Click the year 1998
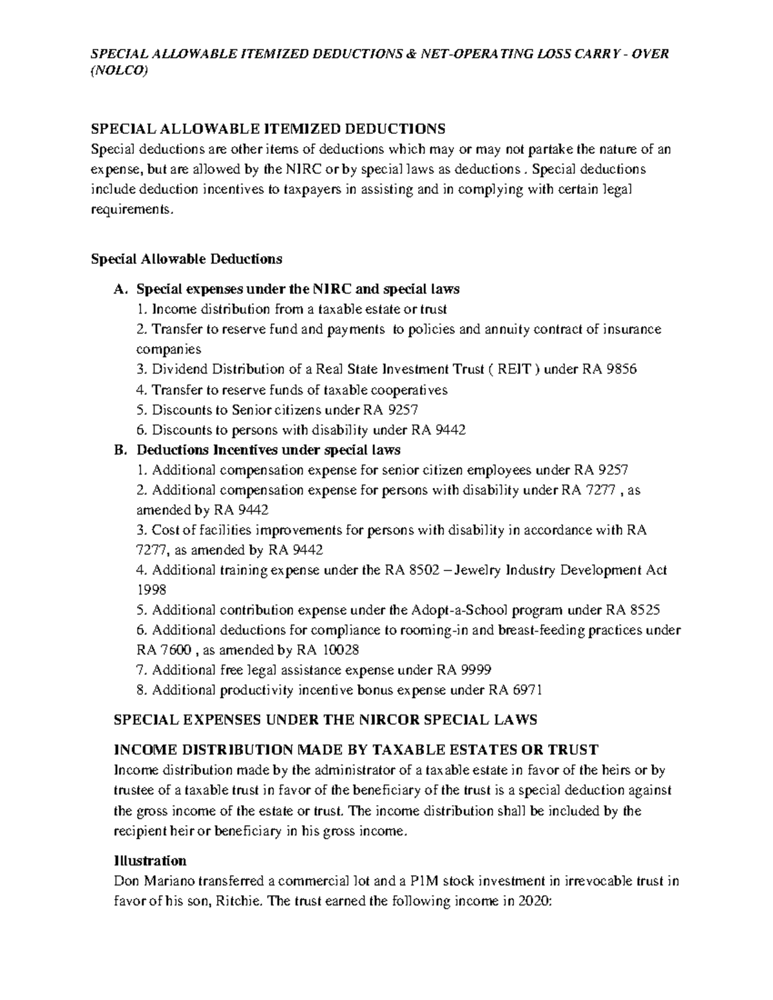(x=151, y=590)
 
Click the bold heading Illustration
(x=150, y=861)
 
